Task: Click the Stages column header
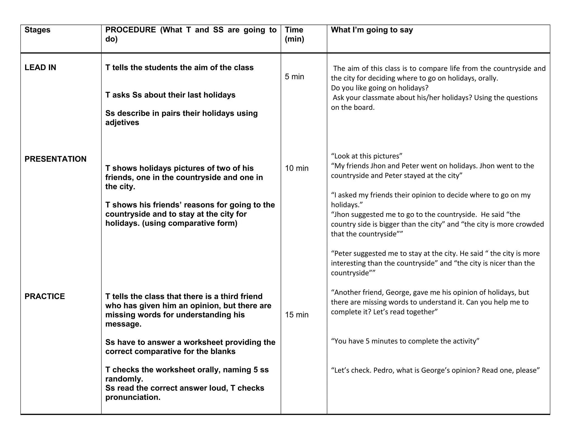(37, 30)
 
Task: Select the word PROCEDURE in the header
(130, 30)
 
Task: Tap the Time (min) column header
(294, 34)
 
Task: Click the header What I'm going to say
(372, 30)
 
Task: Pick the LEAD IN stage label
(40, 67)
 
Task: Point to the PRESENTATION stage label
(55, 159)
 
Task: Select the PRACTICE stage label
(44, 296)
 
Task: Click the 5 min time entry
(294, 77)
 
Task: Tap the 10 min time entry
(297, 168)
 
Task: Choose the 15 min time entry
(297, 315)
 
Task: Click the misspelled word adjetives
(122, 123)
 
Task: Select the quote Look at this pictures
(367, 156)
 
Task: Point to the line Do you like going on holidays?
(379, 88)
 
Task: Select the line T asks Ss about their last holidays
(170, 95)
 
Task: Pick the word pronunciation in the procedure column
(133, 397)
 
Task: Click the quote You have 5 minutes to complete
(405, 341)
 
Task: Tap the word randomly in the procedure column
(124, 379)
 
